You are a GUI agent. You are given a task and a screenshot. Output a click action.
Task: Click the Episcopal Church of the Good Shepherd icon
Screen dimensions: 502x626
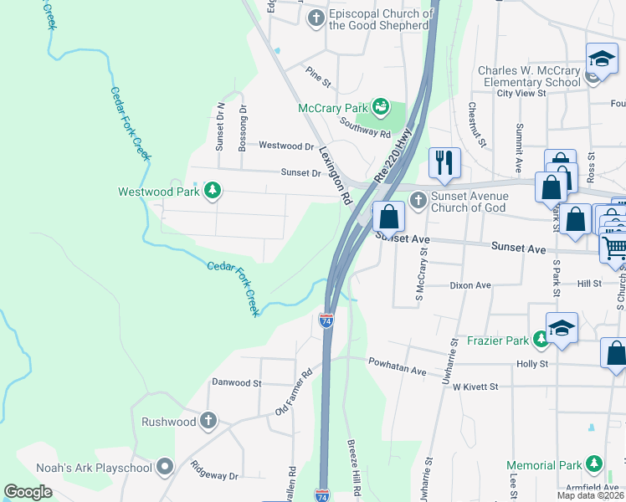pos(316,18)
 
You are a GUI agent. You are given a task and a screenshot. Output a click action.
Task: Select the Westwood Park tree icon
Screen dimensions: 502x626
pos(213,191)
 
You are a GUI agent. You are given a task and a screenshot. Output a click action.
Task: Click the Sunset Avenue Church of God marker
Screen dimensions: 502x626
pos(418,199)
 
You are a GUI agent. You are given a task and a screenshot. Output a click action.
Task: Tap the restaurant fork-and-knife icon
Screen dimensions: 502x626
pos(444,163)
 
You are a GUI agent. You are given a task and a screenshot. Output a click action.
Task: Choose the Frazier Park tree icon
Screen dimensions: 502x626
pos(541,338)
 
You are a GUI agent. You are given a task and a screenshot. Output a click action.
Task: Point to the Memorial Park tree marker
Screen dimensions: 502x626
pos(594,463)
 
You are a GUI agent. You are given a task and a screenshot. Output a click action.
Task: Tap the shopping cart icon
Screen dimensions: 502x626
pos(614,248)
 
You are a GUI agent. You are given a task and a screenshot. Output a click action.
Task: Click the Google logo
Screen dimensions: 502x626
pos(29,492)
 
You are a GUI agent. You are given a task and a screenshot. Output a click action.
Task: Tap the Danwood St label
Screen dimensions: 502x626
pos(236,382)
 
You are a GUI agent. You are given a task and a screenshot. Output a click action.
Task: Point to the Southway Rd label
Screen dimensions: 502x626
pos(365,126)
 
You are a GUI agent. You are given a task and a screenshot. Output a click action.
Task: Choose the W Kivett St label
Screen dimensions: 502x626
pos(475,387)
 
